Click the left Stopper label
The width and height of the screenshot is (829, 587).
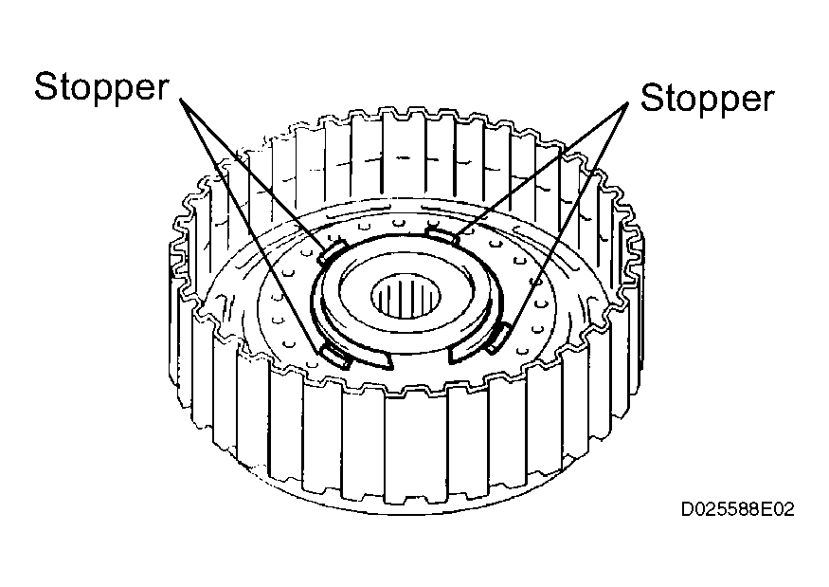click(101, 87)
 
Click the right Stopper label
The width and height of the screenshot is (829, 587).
click(707, 98)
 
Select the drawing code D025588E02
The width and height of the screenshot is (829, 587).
click(737, 509)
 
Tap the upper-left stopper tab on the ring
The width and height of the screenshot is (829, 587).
click(332, 252)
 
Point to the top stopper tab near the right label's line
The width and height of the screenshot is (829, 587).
click(443, 235)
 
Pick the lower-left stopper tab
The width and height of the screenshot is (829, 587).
click(336, 356)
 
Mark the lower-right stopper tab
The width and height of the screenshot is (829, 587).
click(498, 339)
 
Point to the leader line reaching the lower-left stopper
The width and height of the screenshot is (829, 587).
click(251, 224)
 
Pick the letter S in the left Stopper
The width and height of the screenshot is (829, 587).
click(46, 86)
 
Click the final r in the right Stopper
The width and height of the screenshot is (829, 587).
click(768, 101)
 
